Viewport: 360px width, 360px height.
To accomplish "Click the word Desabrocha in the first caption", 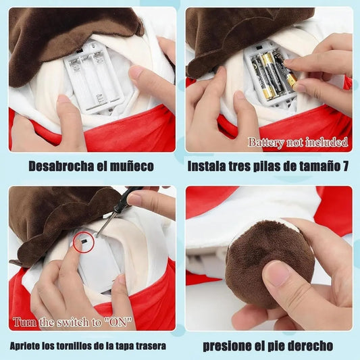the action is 61,166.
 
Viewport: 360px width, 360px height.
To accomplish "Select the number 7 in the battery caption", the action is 345,166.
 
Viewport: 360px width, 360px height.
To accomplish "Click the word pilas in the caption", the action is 267,166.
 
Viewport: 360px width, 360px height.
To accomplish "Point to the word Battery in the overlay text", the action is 266,143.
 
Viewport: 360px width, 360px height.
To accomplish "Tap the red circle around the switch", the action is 84,242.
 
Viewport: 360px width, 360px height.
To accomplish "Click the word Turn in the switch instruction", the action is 24,322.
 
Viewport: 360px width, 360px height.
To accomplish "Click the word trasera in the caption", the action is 152,346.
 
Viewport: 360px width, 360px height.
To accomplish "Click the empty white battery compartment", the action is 94,78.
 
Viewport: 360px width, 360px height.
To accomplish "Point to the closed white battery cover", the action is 98,261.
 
